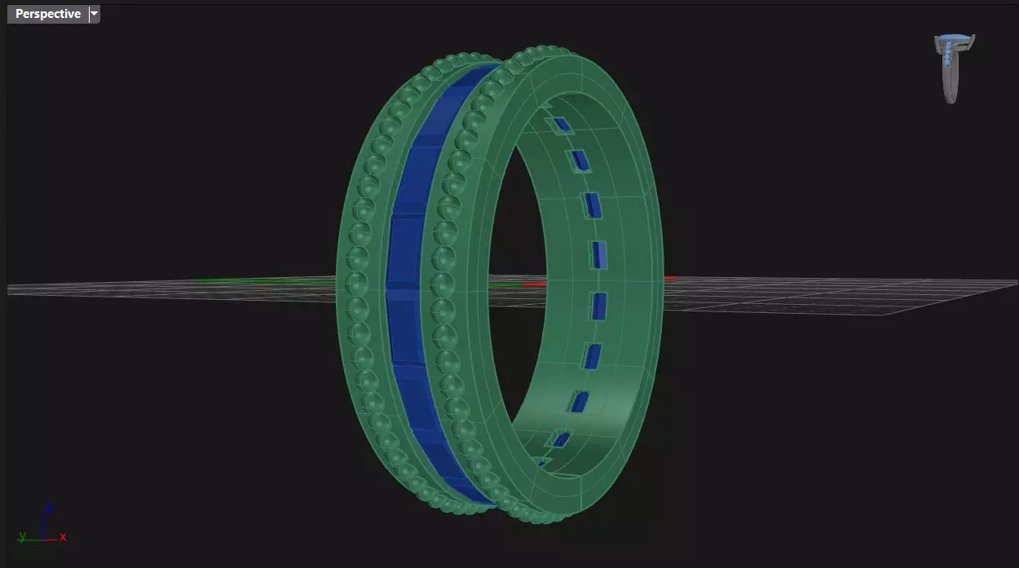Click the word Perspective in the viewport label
[x=48, y=14]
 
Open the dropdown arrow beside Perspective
[x=95, y=14]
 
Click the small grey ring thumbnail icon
[x=954, y=68]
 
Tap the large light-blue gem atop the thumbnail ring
[x=955, y=37]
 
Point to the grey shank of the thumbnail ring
[x=951, y=81]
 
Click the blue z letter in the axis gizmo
[x=49, y=508]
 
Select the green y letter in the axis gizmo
[x=22, y=536]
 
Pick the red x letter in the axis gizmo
[x=63, y=537]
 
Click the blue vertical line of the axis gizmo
[x=43, y=526]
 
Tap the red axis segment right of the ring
[x=669, y=277]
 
